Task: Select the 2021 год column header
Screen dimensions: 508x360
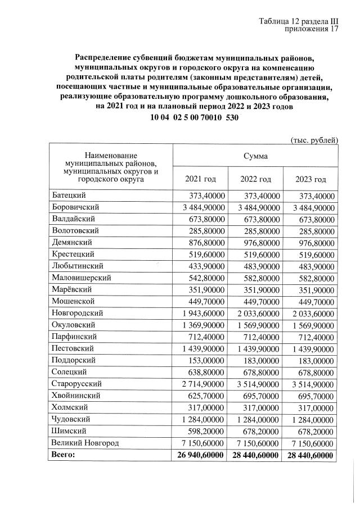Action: click(200, 179)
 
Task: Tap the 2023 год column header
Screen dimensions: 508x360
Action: click(310, 179)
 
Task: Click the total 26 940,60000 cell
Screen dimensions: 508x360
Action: click(198, 455)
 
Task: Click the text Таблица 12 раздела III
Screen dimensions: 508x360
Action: click(298, 21)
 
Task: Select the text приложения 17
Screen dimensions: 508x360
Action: click(312, 30)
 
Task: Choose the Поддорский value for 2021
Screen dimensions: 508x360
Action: click(206, 360)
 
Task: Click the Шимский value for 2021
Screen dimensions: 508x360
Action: click(205, 431)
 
